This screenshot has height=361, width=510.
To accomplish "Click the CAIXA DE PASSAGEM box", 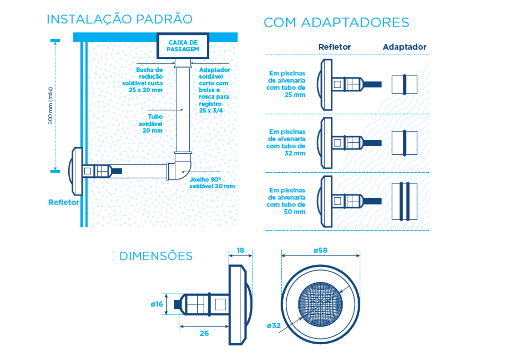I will (183, 46).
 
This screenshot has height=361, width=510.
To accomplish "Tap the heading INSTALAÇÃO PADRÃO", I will (119, 19).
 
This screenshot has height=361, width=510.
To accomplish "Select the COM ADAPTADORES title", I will (336, 22).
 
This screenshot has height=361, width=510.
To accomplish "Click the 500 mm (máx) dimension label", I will (50, 106).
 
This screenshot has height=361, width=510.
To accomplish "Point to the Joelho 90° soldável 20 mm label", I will (212, 183).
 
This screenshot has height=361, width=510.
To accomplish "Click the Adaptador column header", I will (404, 47).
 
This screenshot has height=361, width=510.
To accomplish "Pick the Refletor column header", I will (335, 47).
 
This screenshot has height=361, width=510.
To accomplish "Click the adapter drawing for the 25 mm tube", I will (404, 85).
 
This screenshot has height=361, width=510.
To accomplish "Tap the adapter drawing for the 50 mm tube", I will (404, 201).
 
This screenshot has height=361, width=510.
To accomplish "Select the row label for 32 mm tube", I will (286, 142).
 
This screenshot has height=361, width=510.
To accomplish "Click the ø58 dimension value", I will (320, 250).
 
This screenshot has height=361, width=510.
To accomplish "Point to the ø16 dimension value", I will (157, 304).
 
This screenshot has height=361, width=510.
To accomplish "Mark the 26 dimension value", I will (204, 333).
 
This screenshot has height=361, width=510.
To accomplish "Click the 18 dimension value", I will (240, 250).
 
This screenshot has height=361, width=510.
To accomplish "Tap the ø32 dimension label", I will (274, 326).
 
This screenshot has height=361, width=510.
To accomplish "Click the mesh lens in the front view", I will (320, 304).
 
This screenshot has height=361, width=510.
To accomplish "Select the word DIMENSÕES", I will (156, 256).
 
